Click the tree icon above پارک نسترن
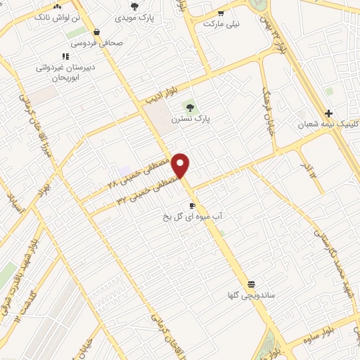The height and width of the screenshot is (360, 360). tap(188, 107)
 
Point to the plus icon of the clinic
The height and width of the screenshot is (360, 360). tap(328, 113)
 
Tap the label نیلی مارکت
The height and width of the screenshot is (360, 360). tap(221, 23)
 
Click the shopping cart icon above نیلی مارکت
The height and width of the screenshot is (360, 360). tap(221, 13)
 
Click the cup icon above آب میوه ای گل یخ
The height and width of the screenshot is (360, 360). tap(193, 205)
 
